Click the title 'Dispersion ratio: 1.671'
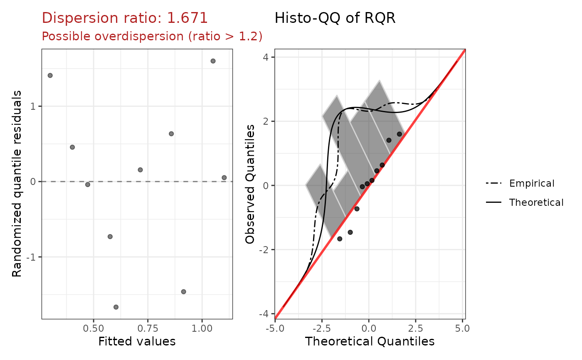click(125, 18)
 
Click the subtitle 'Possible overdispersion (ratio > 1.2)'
click(152, 37)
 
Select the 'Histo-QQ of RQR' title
click(335, 18)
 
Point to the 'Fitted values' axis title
click(137, 342)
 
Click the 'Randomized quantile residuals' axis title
click(17, 184)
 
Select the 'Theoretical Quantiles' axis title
click(370, 342)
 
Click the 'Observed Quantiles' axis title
click(250, 184)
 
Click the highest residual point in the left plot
click(213, 61)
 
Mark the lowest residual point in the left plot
click(116, 307)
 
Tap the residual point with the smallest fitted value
click(50, 76)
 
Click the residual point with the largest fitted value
click(224, 178)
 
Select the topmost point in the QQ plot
click(400, 134)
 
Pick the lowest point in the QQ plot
click(340, 239)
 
